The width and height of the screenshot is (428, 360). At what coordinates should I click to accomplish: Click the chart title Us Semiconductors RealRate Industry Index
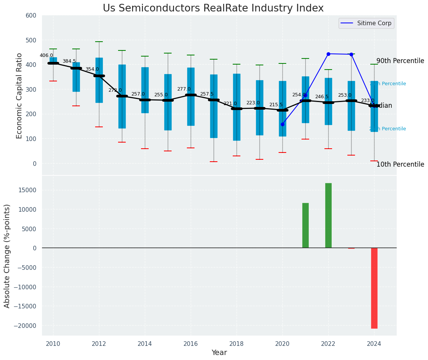click(213, 8)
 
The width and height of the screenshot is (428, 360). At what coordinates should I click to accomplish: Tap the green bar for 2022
click(328, 215)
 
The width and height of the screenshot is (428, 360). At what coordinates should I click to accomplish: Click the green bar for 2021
click(305, 225)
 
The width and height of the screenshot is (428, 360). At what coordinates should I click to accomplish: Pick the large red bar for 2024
click(374, 288)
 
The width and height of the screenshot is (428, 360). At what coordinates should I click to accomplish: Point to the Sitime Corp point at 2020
click(282, 124)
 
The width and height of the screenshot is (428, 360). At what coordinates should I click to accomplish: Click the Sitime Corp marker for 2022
click(328, 54)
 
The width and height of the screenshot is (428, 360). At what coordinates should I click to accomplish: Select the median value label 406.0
click(46, 55)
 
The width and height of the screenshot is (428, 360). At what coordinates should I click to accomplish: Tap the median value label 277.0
click(184, 89)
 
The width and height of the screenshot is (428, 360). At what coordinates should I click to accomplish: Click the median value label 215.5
click(276, 105)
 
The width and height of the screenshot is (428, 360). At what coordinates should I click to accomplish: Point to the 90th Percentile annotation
click(400, 61)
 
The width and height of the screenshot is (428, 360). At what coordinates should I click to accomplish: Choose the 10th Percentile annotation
click(400, 164)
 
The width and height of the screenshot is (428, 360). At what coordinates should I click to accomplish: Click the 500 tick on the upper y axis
click(31, 40)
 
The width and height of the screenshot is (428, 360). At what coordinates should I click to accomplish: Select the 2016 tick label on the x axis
click(191, 344)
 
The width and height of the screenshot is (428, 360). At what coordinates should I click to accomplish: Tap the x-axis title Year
click(219, 353)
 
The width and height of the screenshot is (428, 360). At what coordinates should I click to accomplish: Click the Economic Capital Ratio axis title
click(19, 96)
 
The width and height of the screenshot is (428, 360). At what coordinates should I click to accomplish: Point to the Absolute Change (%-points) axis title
click(7, 256)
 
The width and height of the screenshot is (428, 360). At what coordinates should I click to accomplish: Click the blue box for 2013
click(122, 96)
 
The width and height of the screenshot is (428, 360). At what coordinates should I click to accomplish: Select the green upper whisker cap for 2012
click(99, 42)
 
